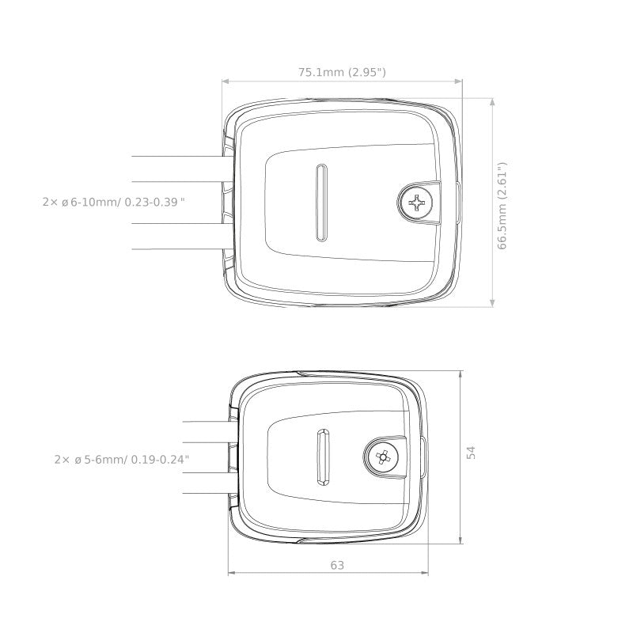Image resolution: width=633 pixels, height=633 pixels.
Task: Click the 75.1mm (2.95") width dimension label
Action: coord(342,72)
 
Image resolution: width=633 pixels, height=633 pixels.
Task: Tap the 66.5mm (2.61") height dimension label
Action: coord(502,206)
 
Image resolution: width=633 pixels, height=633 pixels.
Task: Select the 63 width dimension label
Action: coord(337,565)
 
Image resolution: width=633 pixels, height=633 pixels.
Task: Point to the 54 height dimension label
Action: coord(471,453)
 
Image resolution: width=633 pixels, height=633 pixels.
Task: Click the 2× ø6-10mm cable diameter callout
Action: coord(113,202)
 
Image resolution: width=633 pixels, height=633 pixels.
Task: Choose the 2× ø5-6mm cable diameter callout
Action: coord(122,460)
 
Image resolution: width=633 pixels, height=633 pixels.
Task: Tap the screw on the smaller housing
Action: coord(381,457)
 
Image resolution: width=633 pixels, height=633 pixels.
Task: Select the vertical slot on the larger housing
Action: coord(321,203)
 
